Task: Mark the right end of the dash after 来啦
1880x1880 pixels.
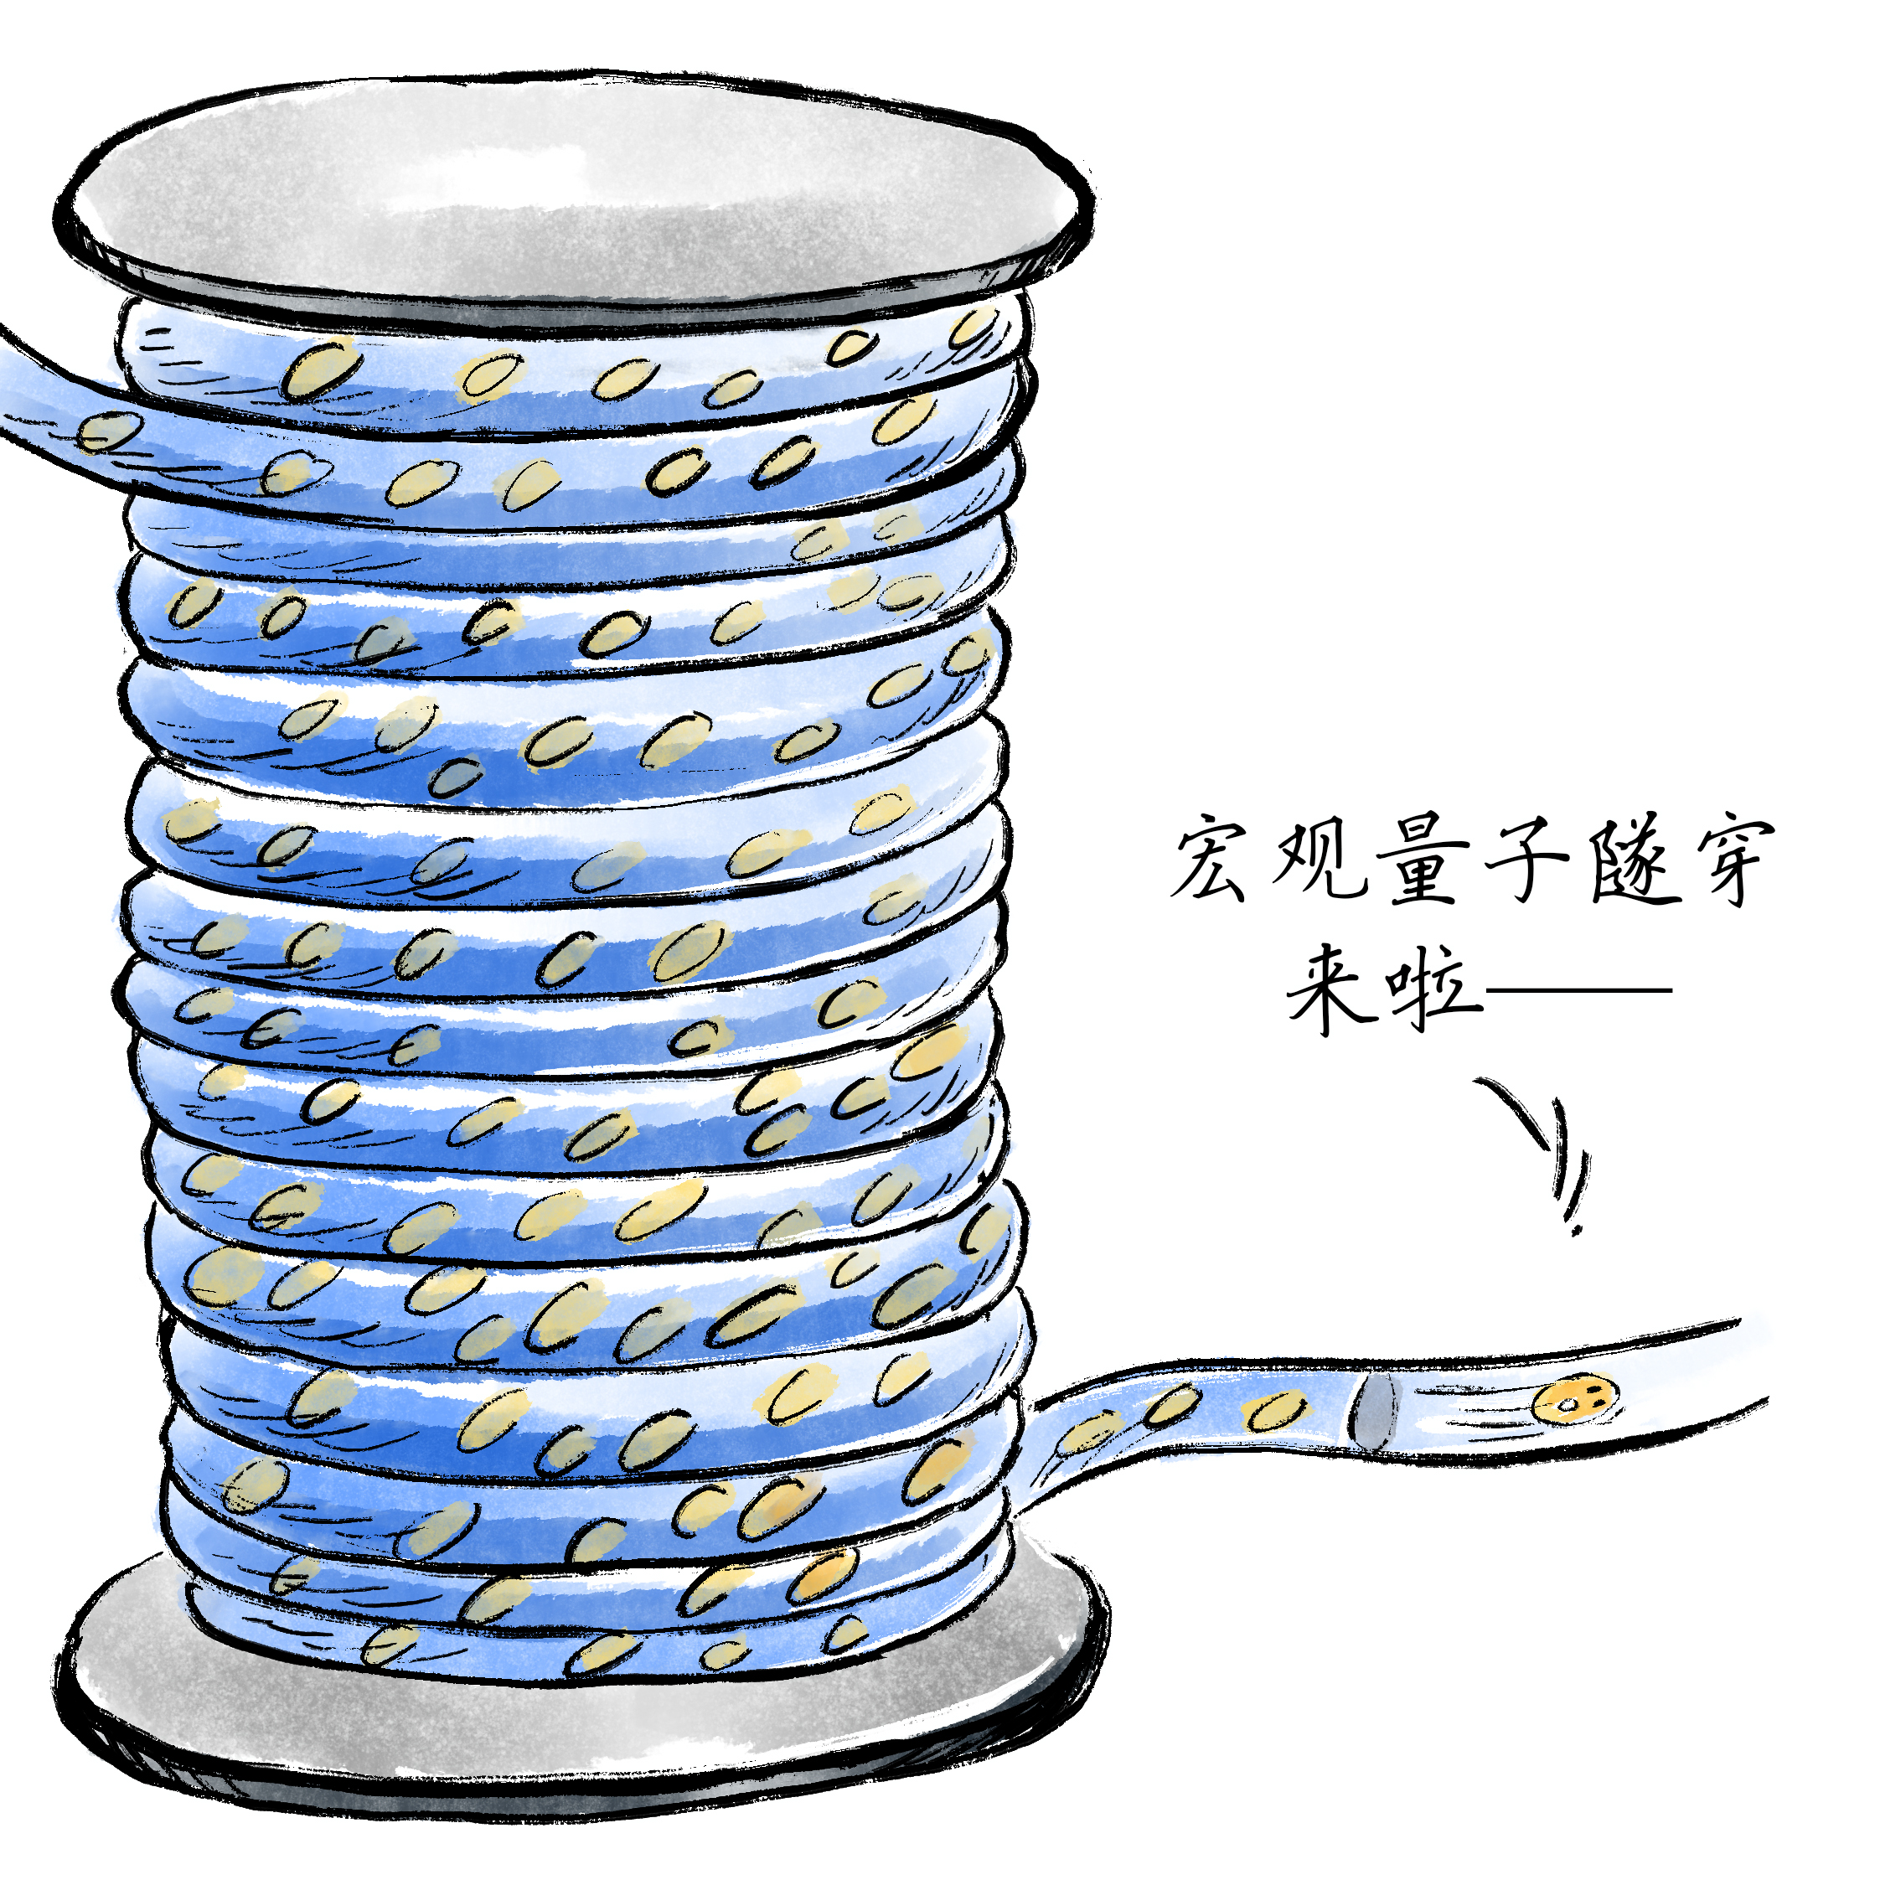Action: [1671, 990]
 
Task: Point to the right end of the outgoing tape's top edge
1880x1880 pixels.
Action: [1739, 1321]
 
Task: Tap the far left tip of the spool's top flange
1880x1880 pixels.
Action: [55, 216]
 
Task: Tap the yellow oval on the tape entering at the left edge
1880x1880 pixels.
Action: [107, 432]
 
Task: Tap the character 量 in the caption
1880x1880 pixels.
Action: [1423, 860]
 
